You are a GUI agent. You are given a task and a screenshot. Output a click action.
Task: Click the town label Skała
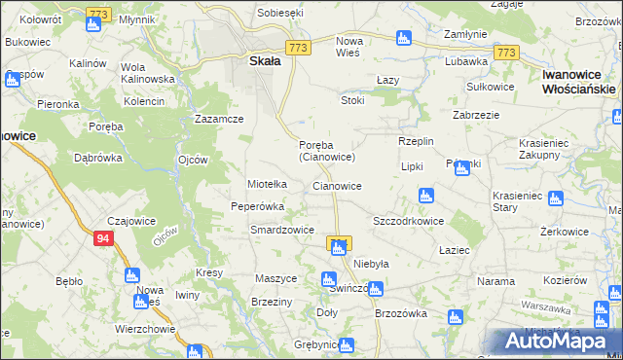(258, 60)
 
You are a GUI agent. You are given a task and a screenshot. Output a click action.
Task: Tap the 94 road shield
(102, 236)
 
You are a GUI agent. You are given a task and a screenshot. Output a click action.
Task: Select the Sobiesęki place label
(280, 13)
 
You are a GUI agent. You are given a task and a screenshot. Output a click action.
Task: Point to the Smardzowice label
(281, 230)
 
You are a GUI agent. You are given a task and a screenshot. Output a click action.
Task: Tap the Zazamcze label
(218, 119)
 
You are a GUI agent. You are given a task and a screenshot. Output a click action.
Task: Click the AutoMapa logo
(560, 342)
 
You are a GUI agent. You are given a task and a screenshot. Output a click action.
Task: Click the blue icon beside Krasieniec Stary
(555, 199)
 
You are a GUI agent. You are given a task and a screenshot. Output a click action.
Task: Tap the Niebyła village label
(371, 264)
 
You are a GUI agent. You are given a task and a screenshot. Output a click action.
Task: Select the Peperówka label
(257, 206)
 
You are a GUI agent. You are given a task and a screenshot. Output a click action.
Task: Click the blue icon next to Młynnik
(92, 23)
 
